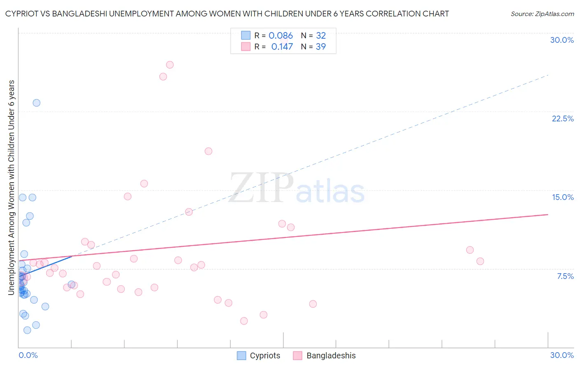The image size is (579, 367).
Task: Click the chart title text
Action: point(227,14)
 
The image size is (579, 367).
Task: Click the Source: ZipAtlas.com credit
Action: point(542,14)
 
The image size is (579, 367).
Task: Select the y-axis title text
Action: point(12,188)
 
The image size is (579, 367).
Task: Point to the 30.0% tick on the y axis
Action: point(562,40)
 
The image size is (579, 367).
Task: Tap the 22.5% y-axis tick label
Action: point(563,118)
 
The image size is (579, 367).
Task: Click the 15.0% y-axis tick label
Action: point(563,197)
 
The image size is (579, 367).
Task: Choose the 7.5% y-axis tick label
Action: point(565,276)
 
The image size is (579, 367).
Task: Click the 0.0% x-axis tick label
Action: point(28,355)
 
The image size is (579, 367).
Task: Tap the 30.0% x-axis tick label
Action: point(562,355)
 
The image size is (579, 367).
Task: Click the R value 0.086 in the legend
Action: point(280,36)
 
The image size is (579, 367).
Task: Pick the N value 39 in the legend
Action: point(320,47)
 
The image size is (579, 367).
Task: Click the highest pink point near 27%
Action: point(170,65)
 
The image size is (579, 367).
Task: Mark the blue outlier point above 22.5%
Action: point(37,103)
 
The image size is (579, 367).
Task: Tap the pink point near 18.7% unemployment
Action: point(208,151)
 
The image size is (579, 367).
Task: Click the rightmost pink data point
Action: point(480,261)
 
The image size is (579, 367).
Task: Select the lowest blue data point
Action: point(27,330)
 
